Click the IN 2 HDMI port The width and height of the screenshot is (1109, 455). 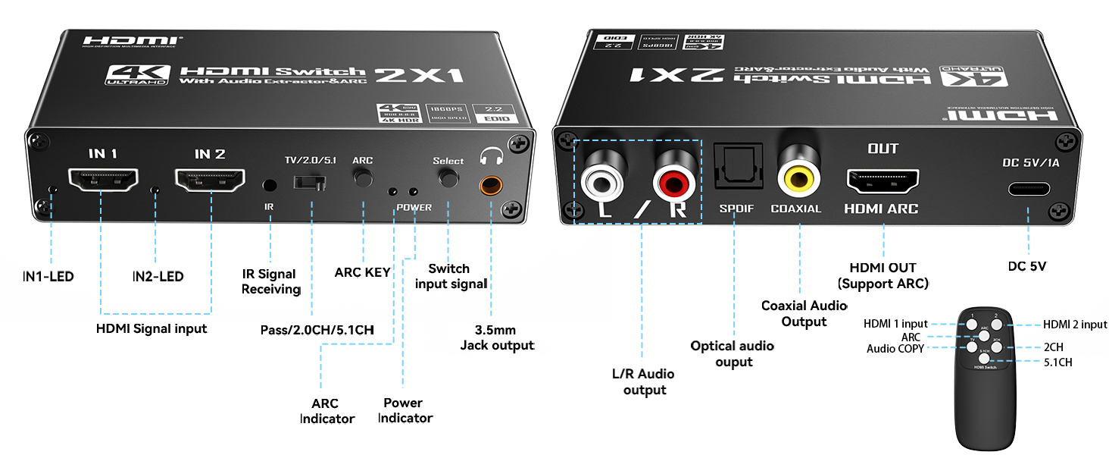[x=210, y=181]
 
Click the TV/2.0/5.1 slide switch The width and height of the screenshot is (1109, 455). [x=311, y=183]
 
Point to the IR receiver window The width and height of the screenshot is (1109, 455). [x=269, y=184]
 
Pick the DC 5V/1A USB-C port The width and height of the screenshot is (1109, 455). [x=1028, y=188]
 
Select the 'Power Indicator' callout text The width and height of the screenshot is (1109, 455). [x=405, y=410]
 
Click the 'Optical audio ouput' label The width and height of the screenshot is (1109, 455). [x=733, y=353]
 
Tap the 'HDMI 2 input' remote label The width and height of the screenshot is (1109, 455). [x=1074, y=325]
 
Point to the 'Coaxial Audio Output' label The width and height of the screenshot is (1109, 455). [x=804, y=313]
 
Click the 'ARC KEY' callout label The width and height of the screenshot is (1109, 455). [x=362, y=272]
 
